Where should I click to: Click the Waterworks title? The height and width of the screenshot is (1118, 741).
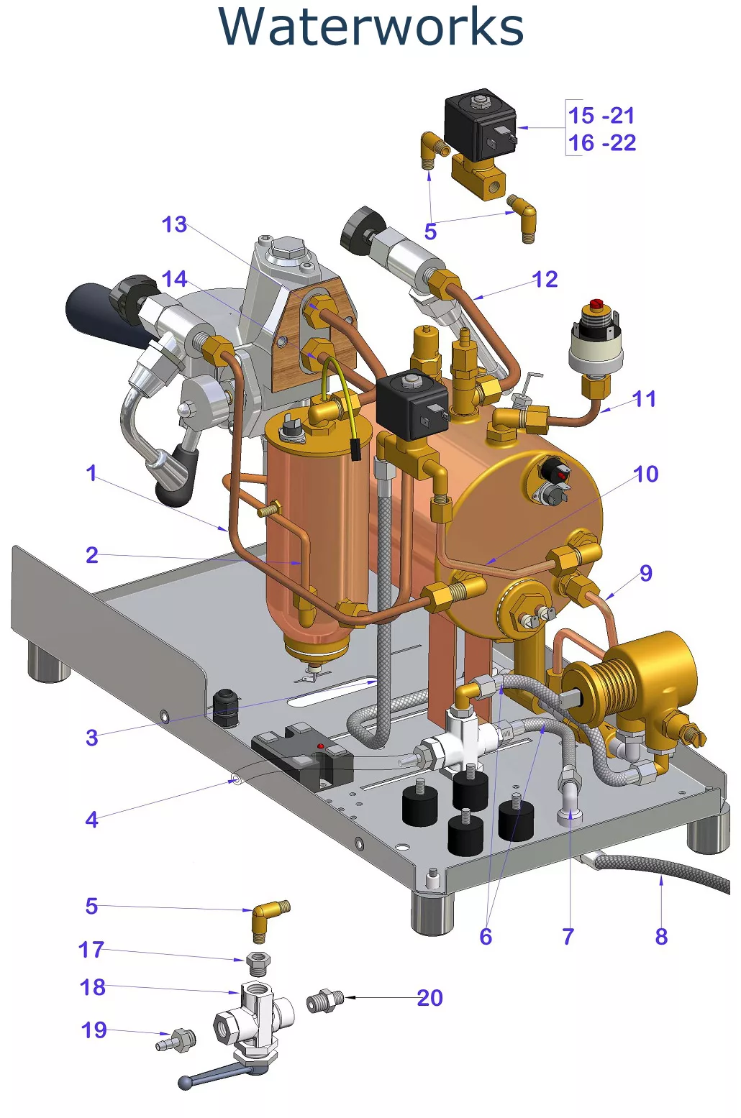click(370, 27)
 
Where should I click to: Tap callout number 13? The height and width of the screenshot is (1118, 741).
click(174, 224)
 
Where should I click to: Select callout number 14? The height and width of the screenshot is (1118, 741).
click(174, 279)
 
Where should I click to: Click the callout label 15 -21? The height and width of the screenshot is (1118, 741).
click(601, 115)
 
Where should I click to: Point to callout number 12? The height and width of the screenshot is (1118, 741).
click(545, 279)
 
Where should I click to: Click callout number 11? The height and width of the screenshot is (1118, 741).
click(644, 398)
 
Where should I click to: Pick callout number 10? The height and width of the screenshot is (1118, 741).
click(645, 474)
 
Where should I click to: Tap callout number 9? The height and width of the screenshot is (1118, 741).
click(645, 573)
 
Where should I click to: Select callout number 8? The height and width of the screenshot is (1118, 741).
click(661, 936)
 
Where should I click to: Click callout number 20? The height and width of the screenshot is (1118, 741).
click(429, 998)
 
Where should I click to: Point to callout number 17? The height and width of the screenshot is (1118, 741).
click(91, 949)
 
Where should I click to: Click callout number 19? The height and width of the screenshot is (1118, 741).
click(94, 1030)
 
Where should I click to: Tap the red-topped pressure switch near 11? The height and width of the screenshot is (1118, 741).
click(596, 338)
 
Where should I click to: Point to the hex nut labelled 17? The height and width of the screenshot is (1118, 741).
click(258, 962)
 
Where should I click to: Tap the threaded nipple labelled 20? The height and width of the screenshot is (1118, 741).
click(325, 1001)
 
